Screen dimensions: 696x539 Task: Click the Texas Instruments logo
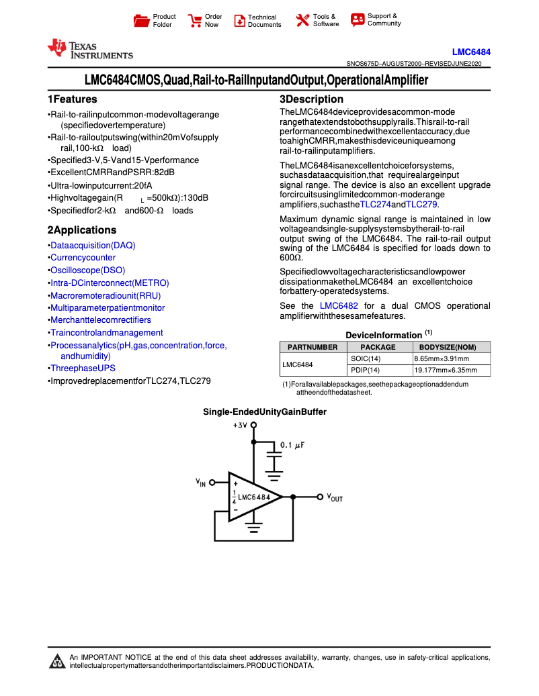[89, 50]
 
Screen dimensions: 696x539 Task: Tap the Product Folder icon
[142, 21]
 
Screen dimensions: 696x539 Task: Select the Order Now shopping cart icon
[195, 21]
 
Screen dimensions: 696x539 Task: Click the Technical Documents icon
[239, 21]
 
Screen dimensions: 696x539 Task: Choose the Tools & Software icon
[302, 21]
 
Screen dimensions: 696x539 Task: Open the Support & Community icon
[358, 20]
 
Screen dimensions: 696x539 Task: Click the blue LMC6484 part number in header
[471, 52]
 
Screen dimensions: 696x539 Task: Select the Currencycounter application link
[83, 258]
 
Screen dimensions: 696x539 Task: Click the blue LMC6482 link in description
[339, 306]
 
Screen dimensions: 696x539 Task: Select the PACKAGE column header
[378, 347]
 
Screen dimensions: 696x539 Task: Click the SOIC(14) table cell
[365, 359]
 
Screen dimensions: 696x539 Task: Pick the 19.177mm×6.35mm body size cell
[445, 370]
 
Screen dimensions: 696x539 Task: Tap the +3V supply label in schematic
[240, 426]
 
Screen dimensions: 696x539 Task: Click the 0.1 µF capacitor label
[292, 445]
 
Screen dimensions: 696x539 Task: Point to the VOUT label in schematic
[335, 498]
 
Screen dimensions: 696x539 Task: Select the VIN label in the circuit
[201, 483]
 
